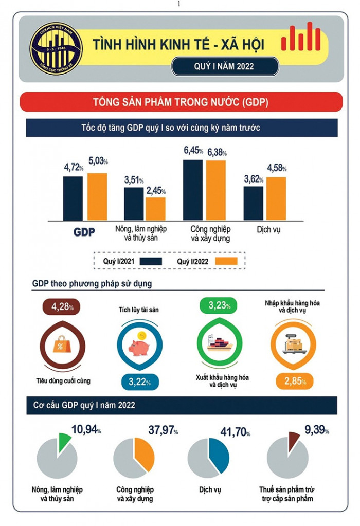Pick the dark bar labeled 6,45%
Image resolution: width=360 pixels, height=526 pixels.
point(193,190)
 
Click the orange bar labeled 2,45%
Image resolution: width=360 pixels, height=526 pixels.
point(155,208)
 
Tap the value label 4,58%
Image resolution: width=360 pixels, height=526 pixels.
point(277,168)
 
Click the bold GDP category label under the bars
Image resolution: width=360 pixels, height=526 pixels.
point(84,232)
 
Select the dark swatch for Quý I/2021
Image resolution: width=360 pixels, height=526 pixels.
point(150,261)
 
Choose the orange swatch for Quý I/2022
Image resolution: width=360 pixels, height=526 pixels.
point(225,261)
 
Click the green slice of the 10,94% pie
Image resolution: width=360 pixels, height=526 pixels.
point(64,442)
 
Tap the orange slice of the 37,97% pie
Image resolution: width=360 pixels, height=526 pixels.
point(145,455)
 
